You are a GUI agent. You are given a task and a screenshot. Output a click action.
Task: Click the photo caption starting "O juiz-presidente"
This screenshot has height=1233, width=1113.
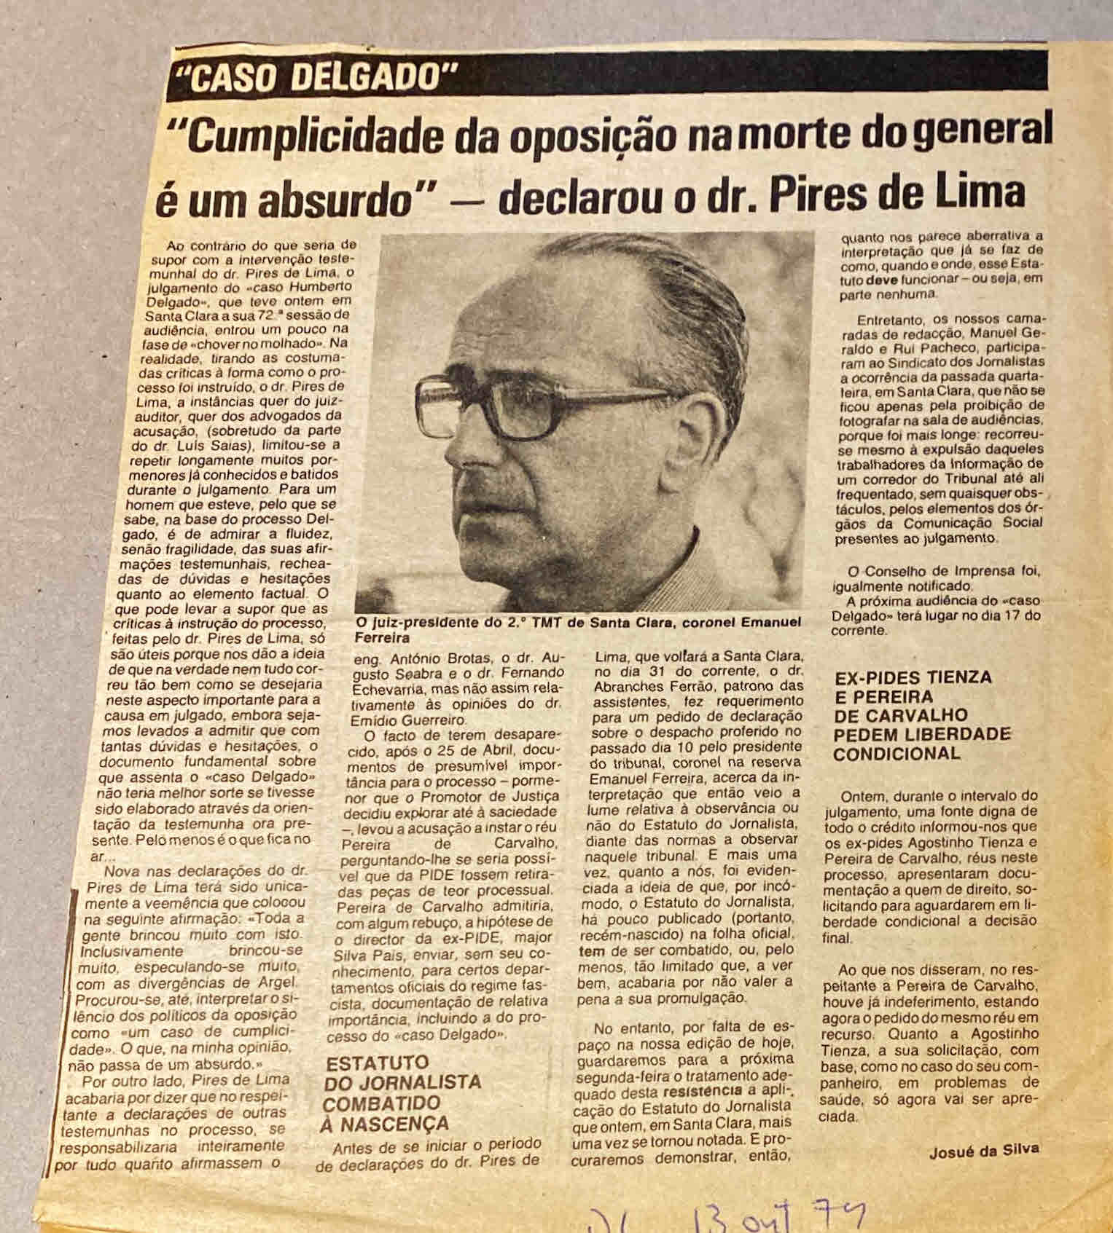click(x=576, y=629)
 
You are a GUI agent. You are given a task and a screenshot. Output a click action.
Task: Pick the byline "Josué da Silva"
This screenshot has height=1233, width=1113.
click(x=984, y=1151)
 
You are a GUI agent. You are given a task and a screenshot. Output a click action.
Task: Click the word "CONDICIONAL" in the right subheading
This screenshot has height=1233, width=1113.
click(x=897, y=753)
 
